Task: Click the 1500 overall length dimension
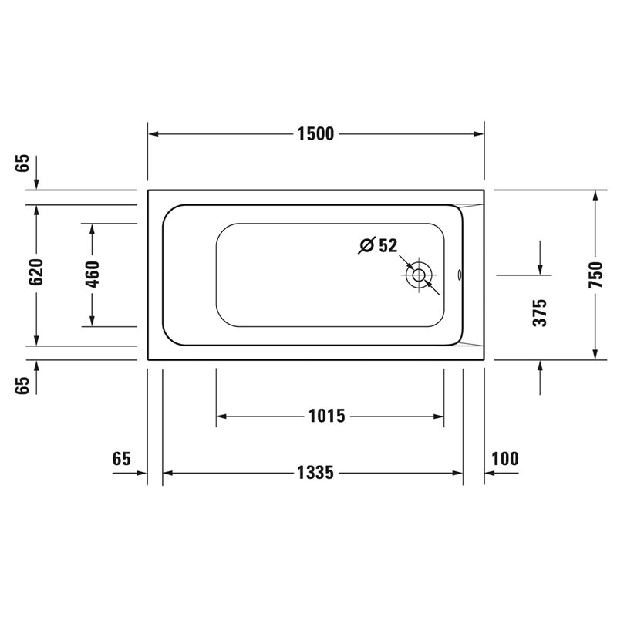coord(315,134)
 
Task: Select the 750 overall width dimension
coord(595,275)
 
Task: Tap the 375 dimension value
coord(540,313)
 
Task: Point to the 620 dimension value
coord(36,272)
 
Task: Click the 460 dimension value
coord(93,274)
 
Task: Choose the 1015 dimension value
coord(326,416)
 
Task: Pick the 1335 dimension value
coord(315,473)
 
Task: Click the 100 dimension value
coord(505,458)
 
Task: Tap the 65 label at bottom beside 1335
coord(122,459)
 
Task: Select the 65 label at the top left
coord(23,163)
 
